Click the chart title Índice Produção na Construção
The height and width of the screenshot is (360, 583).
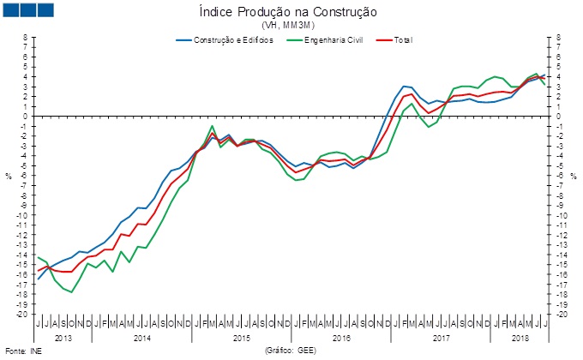(x=288, y=12)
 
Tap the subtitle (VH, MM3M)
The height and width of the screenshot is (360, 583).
(x=288, y=26)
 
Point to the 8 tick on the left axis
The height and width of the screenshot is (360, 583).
(x=26, y=37)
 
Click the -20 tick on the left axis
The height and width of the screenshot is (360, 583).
(x=23, y=314)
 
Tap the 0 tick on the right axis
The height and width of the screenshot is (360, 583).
(x=558, y=116)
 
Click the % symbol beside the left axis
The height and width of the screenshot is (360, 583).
(x=8, y=176)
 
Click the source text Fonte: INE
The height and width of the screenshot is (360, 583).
(x=23, y=351)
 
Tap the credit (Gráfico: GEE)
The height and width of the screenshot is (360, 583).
(x=291, y=351)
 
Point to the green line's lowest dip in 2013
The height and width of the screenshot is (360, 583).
(x=72, y=292)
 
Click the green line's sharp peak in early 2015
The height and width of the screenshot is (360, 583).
(x=212, y=126)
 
